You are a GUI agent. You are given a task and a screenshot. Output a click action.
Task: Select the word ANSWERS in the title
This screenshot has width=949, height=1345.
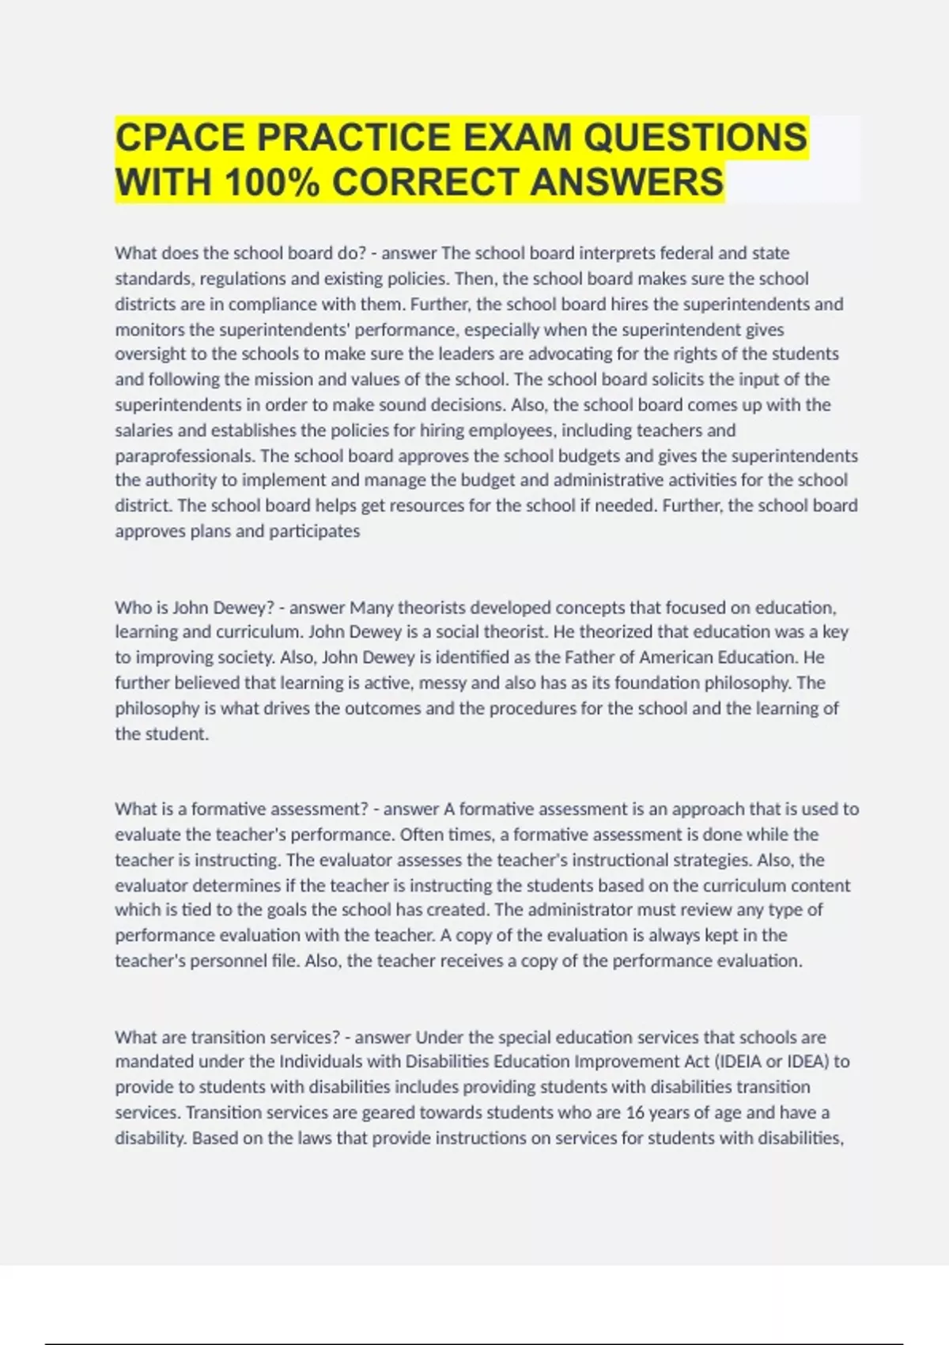[626, 182]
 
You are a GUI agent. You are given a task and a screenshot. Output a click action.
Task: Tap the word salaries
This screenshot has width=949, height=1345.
[146, 430]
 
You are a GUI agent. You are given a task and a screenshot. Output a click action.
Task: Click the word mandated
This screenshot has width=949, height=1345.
[154, 1062]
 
